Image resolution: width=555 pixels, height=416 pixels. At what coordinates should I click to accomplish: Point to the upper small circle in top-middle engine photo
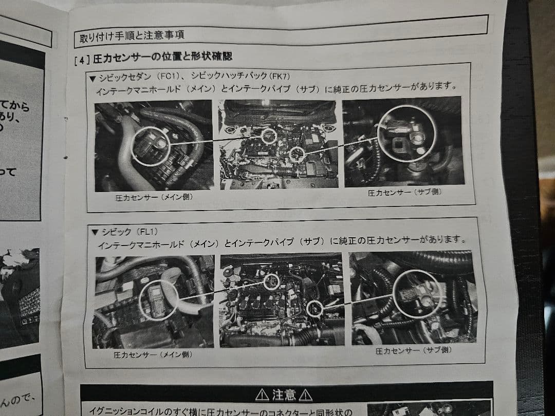[268, 136]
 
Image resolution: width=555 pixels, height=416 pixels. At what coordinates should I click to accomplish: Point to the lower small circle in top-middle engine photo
[296, 154]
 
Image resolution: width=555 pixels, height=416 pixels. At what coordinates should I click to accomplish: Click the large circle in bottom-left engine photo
[158, 300]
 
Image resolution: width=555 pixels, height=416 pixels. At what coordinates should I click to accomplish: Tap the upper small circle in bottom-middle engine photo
[272, 281]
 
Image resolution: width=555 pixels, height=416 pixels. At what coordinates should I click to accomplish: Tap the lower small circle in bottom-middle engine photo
[314, 308]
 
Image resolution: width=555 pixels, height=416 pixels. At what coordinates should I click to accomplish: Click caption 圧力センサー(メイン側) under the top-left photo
[154, 197]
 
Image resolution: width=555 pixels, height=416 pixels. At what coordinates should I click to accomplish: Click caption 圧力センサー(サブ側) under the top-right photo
[404, 193]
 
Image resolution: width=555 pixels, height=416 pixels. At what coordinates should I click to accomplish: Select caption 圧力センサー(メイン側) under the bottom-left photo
[154, 354]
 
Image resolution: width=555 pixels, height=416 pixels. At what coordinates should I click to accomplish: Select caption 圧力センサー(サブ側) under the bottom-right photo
[413, 351]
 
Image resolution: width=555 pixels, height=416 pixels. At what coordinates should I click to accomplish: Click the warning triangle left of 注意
[262, 395]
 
